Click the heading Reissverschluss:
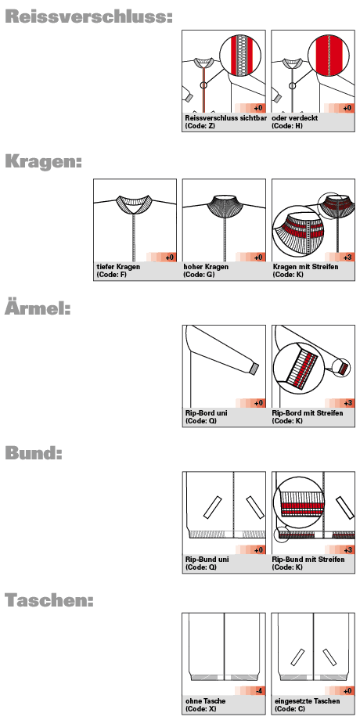[x=88, y=17]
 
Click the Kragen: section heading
[x=43, y=162]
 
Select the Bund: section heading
[x=33, y=453]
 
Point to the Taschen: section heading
[x=49, y=599]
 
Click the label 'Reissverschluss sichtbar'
[x=226, y=118]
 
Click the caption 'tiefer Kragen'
[x=118, y=267]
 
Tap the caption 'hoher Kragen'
[x=206, y=267]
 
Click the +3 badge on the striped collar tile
[x=347, y=257]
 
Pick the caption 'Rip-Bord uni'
[x=206, y=412]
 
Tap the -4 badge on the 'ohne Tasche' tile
[x=259, y=690]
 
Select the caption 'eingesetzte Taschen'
[x=308, y=701]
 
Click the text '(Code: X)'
[x=200, y=709]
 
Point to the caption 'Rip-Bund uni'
[x=207, y=560]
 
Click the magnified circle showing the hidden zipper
[x=327, y=57]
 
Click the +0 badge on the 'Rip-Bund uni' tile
[x=258, y=550]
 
